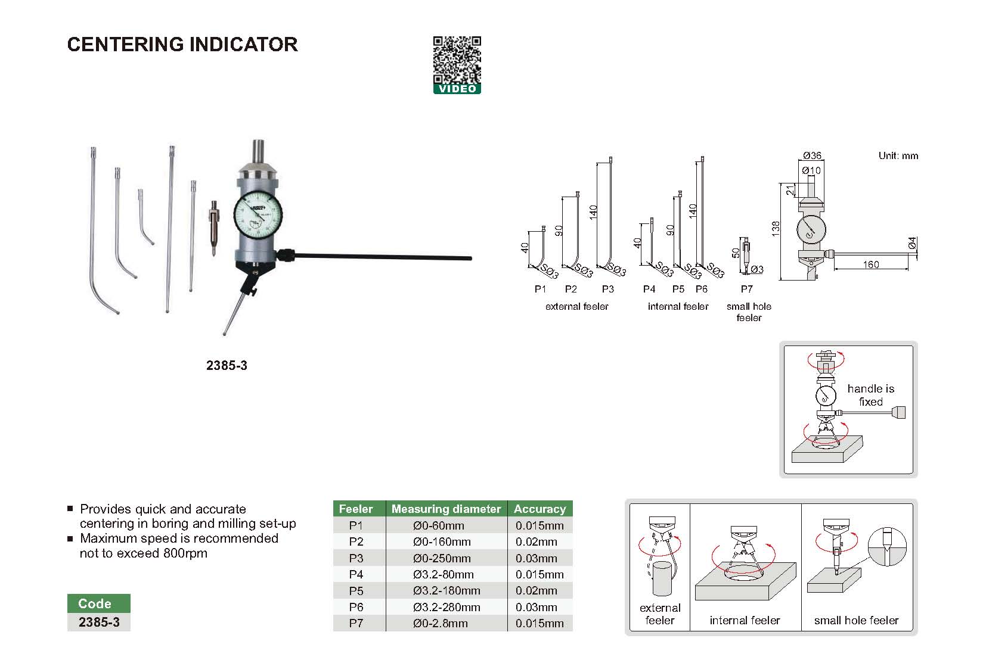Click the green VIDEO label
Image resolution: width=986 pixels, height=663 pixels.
(x=457, y=89)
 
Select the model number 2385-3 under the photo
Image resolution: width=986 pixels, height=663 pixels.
(x=227, y=366)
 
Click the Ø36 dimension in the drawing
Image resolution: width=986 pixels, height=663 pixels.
(x=811, y=155)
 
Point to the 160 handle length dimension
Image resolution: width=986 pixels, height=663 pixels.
(x=870, y=264)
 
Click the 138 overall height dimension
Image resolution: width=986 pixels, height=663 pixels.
(x=775, y=229)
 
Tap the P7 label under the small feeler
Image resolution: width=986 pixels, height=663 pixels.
(x=746, y=289)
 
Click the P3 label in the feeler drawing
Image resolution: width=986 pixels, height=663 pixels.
(x=607, y=289)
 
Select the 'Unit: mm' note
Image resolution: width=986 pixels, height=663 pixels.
(x=898, y=156)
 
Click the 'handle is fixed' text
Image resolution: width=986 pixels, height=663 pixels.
(x=870, y=395)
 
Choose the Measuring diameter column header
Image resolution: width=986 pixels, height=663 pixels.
(x=446, y=509)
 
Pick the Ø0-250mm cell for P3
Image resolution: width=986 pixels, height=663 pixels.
(x=442, y=558)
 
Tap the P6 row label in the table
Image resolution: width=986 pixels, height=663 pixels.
(x=356, y=607)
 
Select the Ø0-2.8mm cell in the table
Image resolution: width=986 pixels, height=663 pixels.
(x=440, y=623)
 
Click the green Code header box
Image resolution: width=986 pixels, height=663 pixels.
(x=95, y=603)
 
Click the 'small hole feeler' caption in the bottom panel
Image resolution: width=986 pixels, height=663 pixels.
(x=856, y=620)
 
